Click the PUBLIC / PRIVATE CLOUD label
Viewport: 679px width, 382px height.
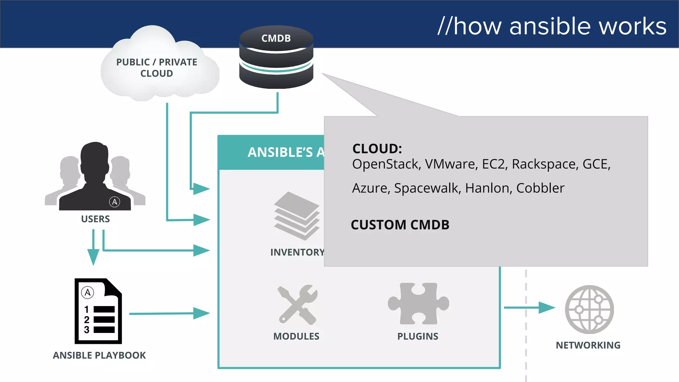click(156, 68)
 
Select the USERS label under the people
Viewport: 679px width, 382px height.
click(95, 219)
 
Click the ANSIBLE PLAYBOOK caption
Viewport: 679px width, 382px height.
click(99, 355)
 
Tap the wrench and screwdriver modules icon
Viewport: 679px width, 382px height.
click(297, 304)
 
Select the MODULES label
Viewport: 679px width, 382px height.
click(296, 336)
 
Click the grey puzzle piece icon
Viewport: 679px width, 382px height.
click(418, 303)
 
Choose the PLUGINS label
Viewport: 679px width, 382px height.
click(418, 336)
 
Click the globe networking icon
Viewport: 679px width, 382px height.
click(589, 309)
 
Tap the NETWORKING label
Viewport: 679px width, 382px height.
click(588, 345)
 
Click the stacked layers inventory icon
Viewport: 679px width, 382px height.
click(296, 216)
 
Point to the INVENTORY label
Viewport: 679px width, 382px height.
click(297, 252)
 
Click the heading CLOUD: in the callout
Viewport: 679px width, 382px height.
click(377, 149)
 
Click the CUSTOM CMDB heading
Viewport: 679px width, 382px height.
click(400, 225)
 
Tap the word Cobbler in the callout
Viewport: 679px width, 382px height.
click(540, 188)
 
